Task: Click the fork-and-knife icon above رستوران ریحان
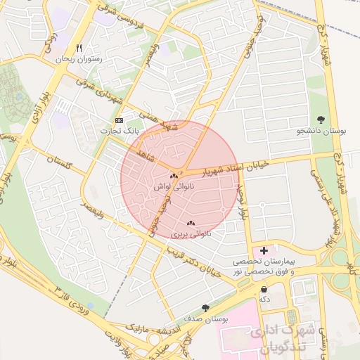[x=79, y=49]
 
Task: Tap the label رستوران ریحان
[x=79, y=60]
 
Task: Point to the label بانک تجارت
[x=118, y=131]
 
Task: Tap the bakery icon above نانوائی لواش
[x=174, y=176]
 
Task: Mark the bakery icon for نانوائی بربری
[x=191, y=223]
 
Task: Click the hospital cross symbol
[x=264, y=250]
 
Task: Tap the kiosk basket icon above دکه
[x=264, y=289]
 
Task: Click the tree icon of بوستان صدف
[x=205, y=308]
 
